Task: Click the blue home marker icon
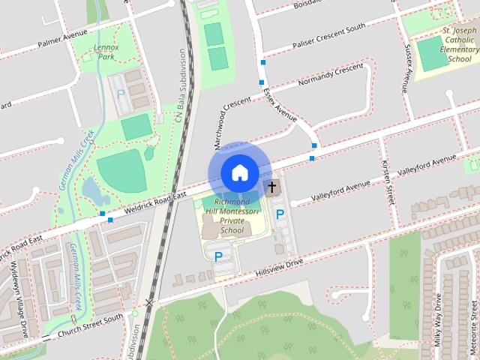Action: (238, 172)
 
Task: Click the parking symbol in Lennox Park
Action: (120, 95)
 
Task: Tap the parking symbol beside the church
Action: (280, 215)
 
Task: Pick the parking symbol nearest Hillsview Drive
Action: (218, 256)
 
